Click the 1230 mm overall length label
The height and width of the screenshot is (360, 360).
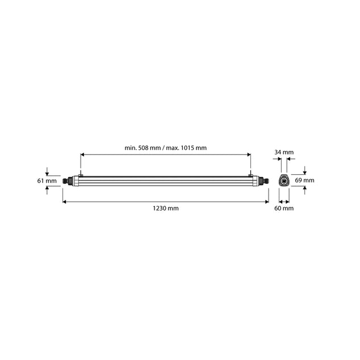click(x=166, y=208)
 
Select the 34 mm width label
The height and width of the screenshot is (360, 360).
click(x=283, y=152)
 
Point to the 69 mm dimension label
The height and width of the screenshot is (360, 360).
click(x=305, y=180)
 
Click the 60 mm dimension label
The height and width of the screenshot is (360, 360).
click(x=283, y=208)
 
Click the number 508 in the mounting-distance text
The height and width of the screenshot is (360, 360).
click(x=145, y=147)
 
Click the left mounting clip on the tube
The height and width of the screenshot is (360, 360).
click(x=81, y=174)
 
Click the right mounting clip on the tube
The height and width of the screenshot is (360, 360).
click(x=250, y=174)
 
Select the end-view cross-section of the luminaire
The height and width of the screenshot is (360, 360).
click(x=283, y=181)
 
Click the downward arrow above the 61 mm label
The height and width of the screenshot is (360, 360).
click(x=47, y=172)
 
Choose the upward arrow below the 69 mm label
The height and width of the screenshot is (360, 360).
click(x=305, y=189)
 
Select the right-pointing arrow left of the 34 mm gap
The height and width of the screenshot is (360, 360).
click(x=277, y=161)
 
